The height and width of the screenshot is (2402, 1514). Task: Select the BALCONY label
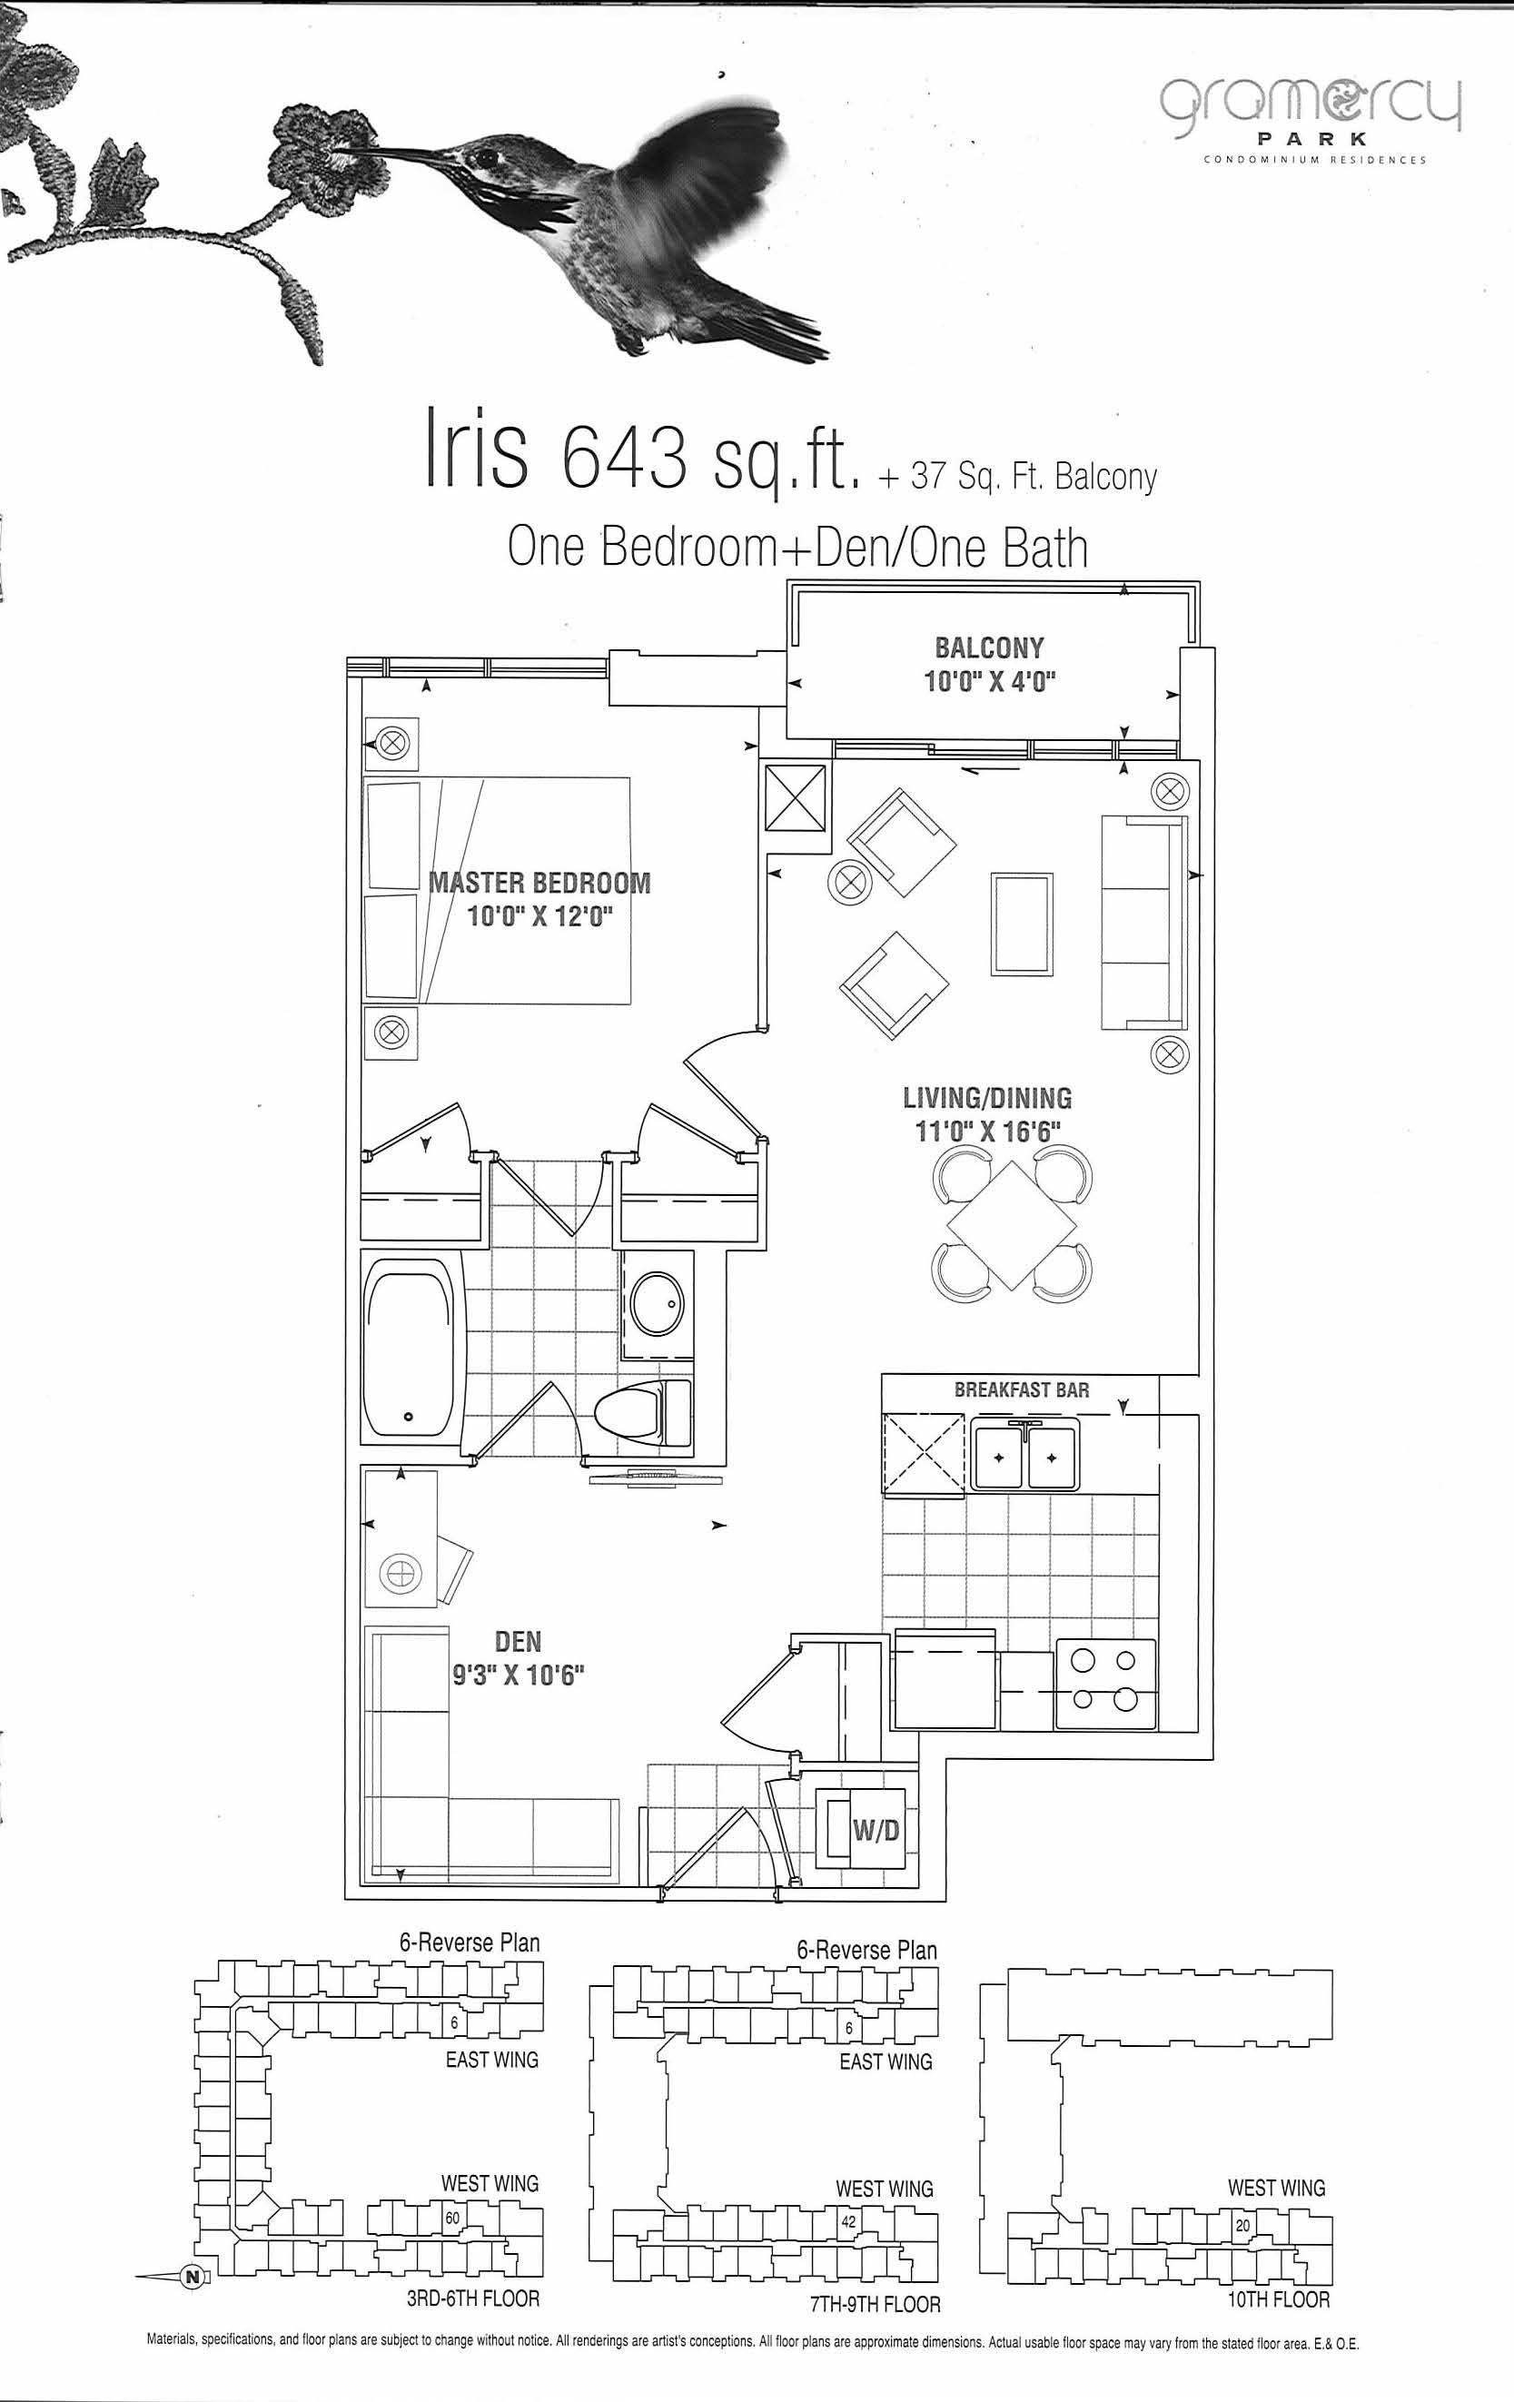[x=989, y=648]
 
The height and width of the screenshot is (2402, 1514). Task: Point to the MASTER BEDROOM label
[x=539, y=883]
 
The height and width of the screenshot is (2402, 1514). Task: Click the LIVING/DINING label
[x=987, y=1098]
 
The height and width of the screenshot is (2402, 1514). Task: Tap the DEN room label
[x=519, y=1642]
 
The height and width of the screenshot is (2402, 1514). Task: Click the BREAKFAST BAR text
[x=1022, y=1389]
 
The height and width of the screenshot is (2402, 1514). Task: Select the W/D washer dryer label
[x=876, y=1830]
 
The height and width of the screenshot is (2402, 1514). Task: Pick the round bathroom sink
[x=658, y=1300]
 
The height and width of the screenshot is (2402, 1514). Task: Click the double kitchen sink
[x=1025, y=1458]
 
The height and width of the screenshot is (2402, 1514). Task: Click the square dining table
[x=1013, y=1224]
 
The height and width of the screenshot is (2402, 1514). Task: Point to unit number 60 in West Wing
[x=453, y=2219]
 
